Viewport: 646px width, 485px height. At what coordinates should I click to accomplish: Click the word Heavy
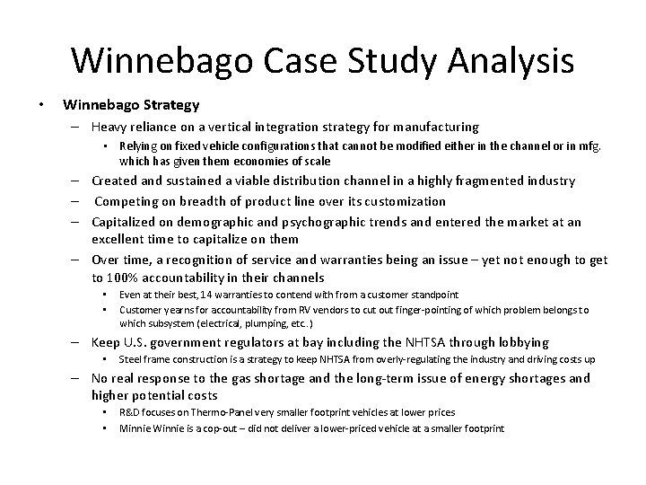click(x=110, y=127)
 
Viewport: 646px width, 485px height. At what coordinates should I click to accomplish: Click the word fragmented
click(x=474, y=181)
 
